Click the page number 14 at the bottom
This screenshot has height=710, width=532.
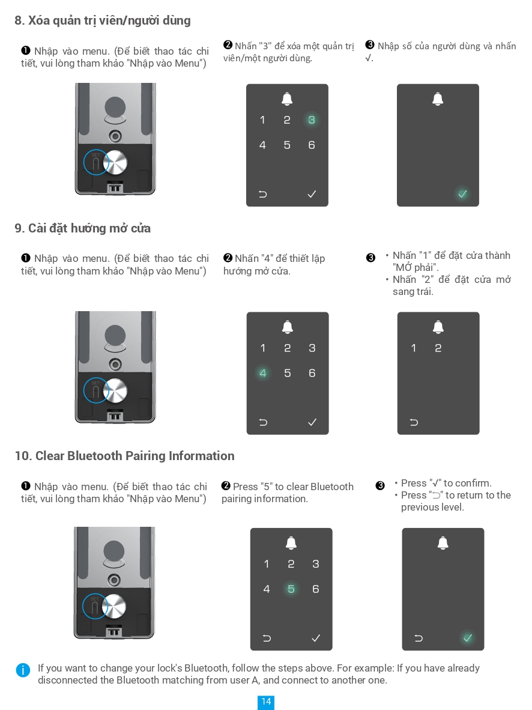pyautogui.click(x=266, y=702)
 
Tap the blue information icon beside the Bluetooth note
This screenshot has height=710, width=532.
pyautogui.click(x=23, y=670)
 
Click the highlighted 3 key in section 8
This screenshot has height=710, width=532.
pyautogui.click(x=311, y=120)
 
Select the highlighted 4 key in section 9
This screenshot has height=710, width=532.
pyautogui.click(x=262, y=373)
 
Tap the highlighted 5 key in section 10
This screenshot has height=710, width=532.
pyautogui.click(x=291, y=589)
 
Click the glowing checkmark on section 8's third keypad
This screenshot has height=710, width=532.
pyautogui.click(x=462, y=194)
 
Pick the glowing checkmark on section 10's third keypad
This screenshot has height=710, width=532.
pyautogui.click(x=467, y=638)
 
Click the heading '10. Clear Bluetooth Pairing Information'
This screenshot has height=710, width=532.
pyautogui.click(x=124, y=456)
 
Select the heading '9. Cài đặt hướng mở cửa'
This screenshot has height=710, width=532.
pyautogui.click(x=82, y=228)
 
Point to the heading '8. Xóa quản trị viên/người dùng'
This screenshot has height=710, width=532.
pyautogui.click(x=102, y=20)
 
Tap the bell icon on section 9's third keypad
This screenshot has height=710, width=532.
pyautogui.click(x=438, y=327)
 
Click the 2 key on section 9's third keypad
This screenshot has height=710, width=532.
pyautogui.click(x=438, y=348)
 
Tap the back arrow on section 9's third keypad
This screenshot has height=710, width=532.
pyautogui.click(x=414, y=422)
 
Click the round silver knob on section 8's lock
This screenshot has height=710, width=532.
pyautogui.click(x=115, y=163)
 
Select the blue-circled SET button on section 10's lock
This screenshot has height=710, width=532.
pyautogui.click(x=95, y=605)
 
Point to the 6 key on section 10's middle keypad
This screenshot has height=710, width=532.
pyautogui.click(x=316, y=589)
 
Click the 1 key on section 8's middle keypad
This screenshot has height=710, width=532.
pyautogui.click(x=262, y=120)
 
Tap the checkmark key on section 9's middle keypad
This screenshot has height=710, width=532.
pyautogui.click(x=312, y=422)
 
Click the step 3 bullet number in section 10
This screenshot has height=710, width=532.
pyautogui.click(x=380, y=486)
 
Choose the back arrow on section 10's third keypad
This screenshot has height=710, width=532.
pyautogui.click(x=419, y=638)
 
